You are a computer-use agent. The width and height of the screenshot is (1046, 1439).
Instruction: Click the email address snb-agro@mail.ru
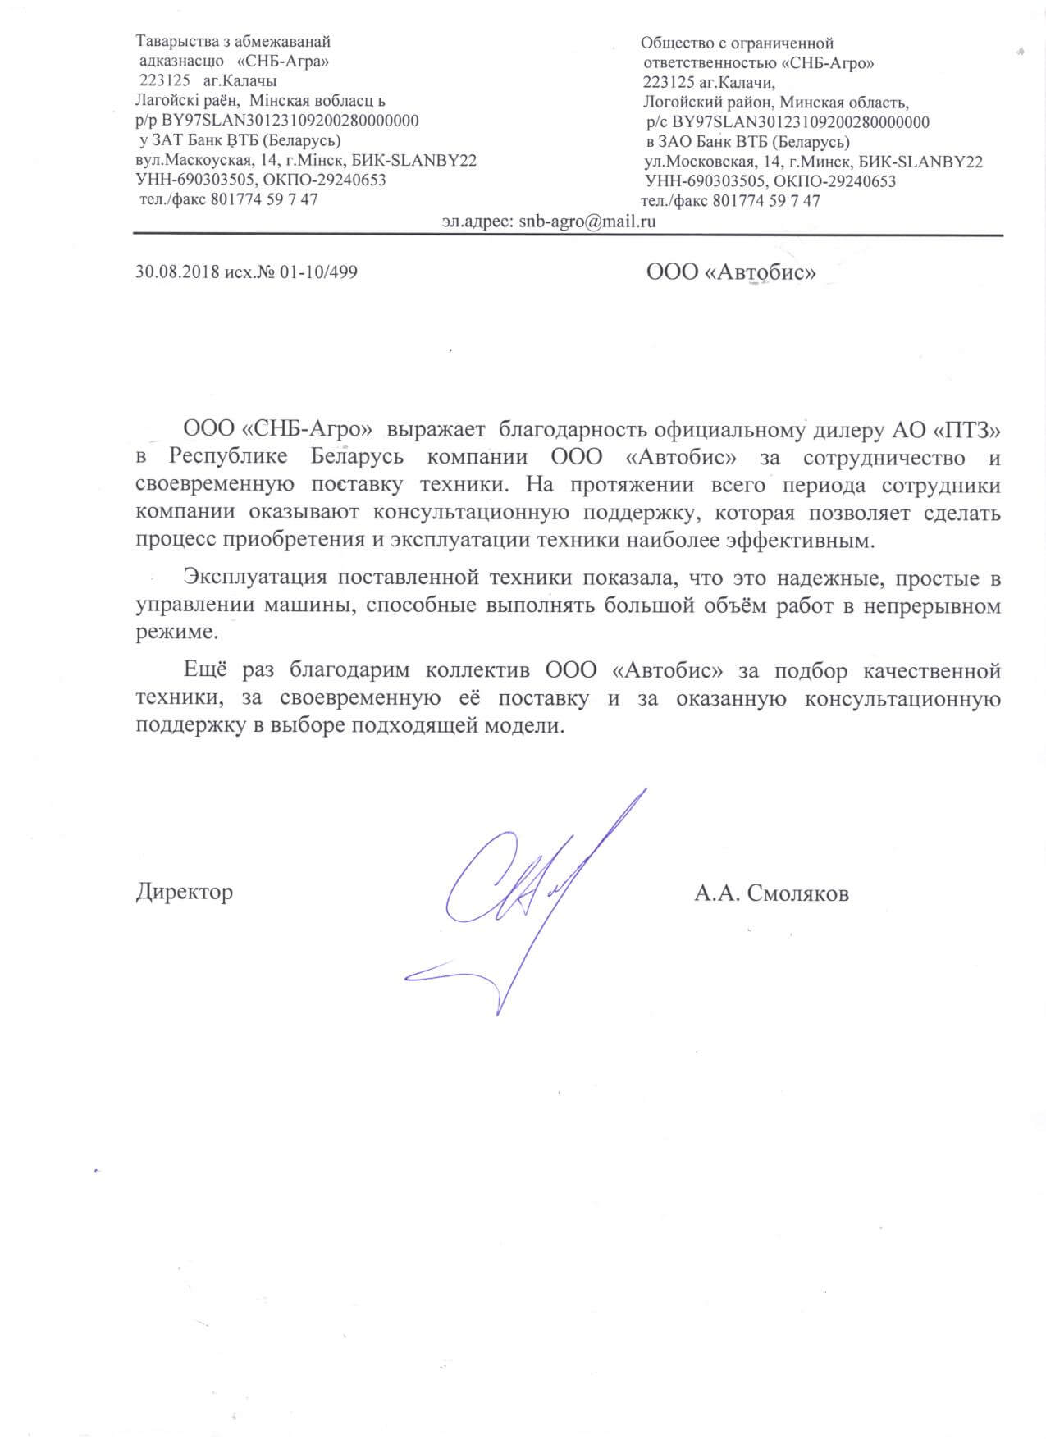pyautogui.click(x=587, y=222)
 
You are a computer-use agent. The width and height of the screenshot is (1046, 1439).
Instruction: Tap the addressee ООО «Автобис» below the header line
pyautogui.click(x=731, y=272)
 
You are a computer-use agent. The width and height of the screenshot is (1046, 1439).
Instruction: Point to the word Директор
pyautogui.click(x=184, y=892)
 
